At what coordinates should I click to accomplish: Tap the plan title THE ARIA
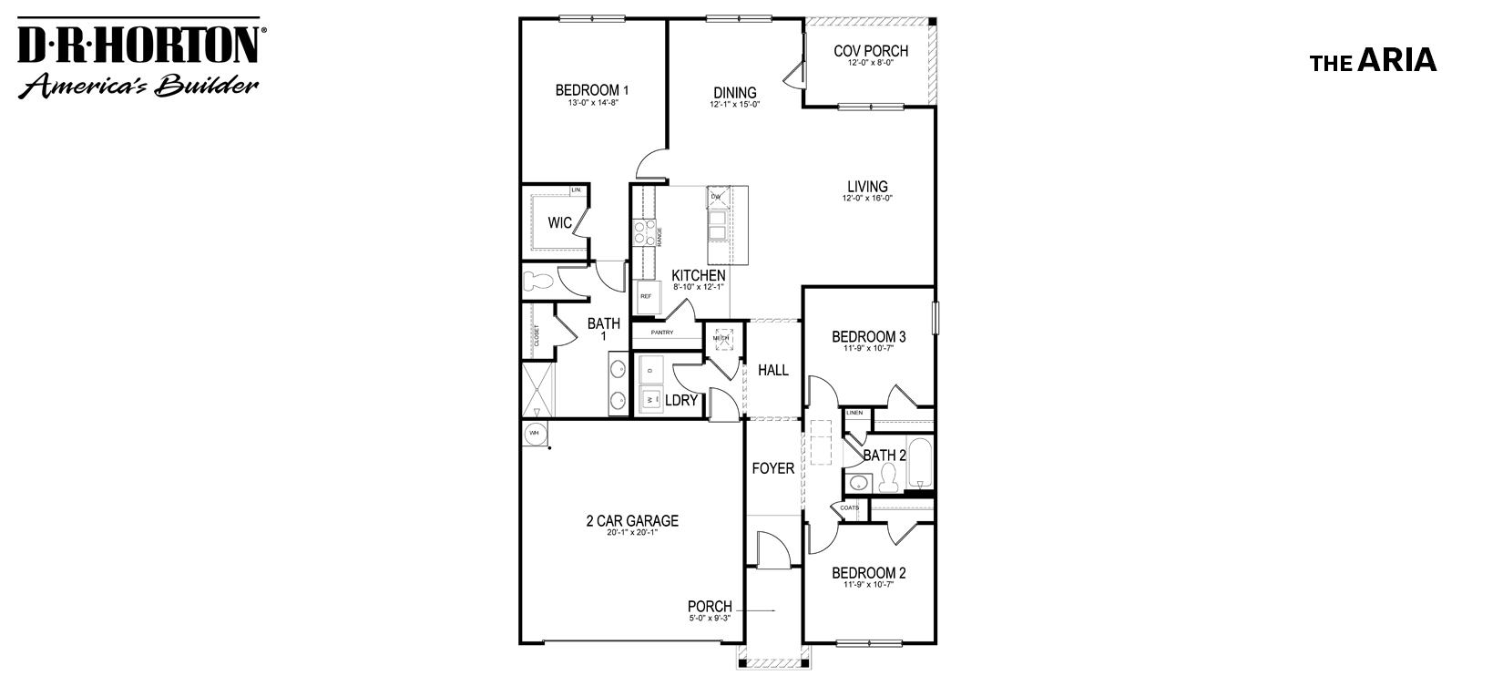coord(1373,61)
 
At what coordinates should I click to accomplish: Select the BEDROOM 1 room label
coord(592,90)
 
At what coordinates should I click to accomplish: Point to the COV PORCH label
coord(871,51)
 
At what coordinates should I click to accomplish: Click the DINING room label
coord(734,92)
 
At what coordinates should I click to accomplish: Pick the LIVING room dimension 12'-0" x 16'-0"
coord(866,199)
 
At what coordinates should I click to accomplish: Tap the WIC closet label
coord(559,222)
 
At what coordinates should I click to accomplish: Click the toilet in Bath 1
coord(538,282)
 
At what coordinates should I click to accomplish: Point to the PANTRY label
coord(662,333)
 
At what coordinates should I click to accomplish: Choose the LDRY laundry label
coord(681,400)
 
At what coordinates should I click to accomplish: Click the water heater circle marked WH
coord(533,434)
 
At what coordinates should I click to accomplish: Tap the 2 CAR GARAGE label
coord(631,521)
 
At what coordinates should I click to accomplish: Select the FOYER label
coord(772,468)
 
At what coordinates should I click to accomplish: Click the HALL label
coord(773,371)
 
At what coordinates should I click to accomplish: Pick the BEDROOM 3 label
coord(868,337)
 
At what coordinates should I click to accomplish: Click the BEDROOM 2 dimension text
coord(868,585)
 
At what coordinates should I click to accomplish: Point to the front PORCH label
coord(710,607)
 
